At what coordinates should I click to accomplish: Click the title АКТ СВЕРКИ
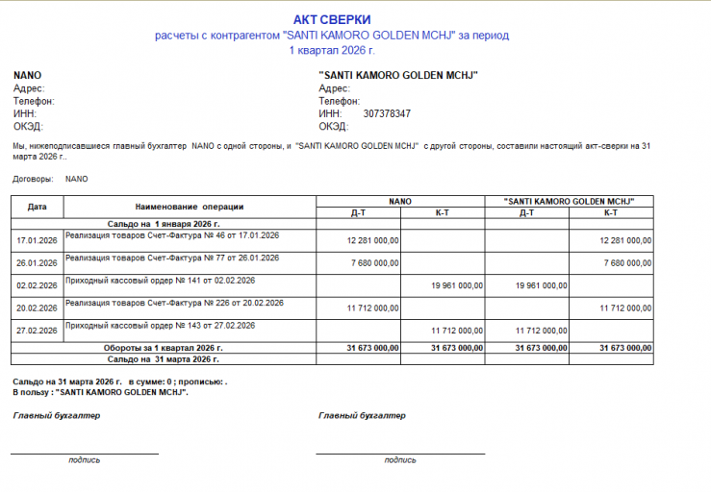(x=332, y=19)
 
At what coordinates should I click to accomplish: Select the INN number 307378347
(x=387, y=113)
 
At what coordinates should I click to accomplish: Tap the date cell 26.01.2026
(x=38, y=262)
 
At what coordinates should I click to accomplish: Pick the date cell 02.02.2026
(x=38, y=285)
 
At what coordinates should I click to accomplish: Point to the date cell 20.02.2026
(x=38, y=307)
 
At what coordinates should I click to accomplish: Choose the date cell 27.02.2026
(x=38, y=331)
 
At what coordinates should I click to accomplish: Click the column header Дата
(x=38, y=207)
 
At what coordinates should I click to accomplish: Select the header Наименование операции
(x=190, y=207)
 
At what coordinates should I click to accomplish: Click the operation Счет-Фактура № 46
(x=172, y=235)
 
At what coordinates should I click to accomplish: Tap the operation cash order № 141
(x=160, y=281)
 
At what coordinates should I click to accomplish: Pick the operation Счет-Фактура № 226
(x=174, y=303)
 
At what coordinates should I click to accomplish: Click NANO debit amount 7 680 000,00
(x=372, y=262)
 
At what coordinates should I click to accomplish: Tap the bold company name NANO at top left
(x=27, y=75)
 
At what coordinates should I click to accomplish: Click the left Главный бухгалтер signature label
(x=57, y=416)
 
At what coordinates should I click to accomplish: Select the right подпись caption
(x=400, y=459)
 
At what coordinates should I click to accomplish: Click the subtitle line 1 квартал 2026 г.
(x=332, y=49)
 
